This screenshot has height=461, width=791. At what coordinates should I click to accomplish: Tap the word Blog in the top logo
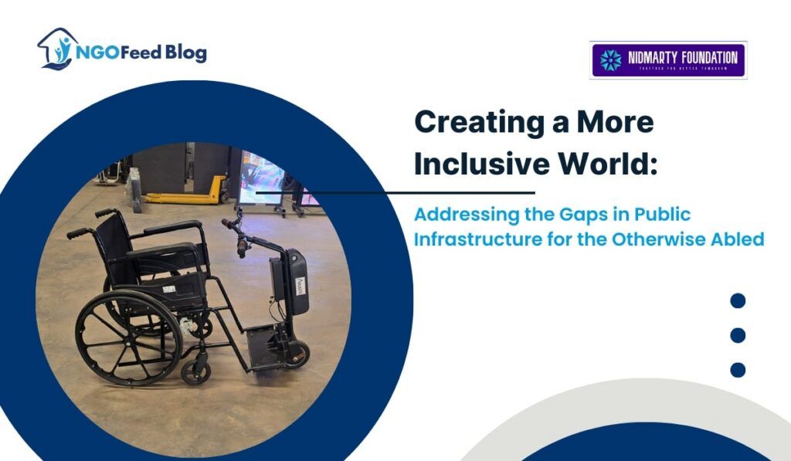pos(185,53)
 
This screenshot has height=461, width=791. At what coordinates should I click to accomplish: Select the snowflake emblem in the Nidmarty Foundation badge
pos(610,59)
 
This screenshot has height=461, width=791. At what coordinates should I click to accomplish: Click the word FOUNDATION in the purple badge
pos(704,56)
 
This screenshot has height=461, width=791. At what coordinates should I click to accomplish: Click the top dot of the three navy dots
pos(738,300)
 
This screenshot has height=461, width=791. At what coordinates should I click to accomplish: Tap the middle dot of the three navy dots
pos(738,335)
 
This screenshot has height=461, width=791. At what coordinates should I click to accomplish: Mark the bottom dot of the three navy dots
pos(738,370)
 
